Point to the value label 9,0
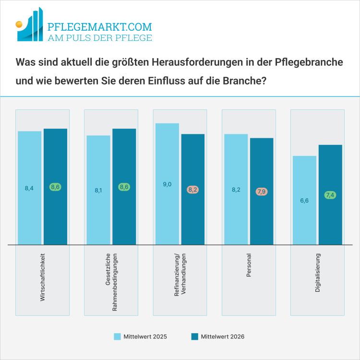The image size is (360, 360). [167, 184]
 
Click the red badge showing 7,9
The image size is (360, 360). [262, 192]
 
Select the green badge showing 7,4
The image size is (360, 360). [330, 195]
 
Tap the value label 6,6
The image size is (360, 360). [304, 201]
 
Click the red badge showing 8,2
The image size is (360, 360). [193, 190]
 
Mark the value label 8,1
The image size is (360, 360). [98, 190]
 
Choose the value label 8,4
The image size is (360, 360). [29, 188]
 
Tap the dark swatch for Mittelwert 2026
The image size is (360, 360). [194, 336]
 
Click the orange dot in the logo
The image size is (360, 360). [19, 24]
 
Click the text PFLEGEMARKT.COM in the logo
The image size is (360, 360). [100, 27]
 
